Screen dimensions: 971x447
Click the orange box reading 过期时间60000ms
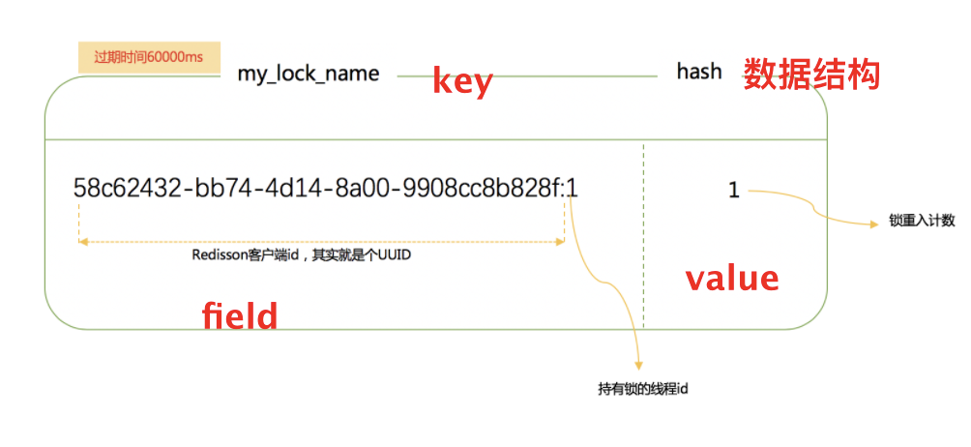click(148, 57)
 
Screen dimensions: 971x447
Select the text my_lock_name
click(308, 74)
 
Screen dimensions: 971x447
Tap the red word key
click(462, 81)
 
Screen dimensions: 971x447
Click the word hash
click(698, 72)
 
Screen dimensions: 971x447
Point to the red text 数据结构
click(811, 74)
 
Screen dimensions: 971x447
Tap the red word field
click(240, 315)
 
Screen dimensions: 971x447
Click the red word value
click(732, 279)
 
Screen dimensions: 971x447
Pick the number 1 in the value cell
click(733, 191)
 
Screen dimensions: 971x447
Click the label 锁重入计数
click(922, 221)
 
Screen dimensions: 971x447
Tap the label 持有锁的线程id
click(642, 389)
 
